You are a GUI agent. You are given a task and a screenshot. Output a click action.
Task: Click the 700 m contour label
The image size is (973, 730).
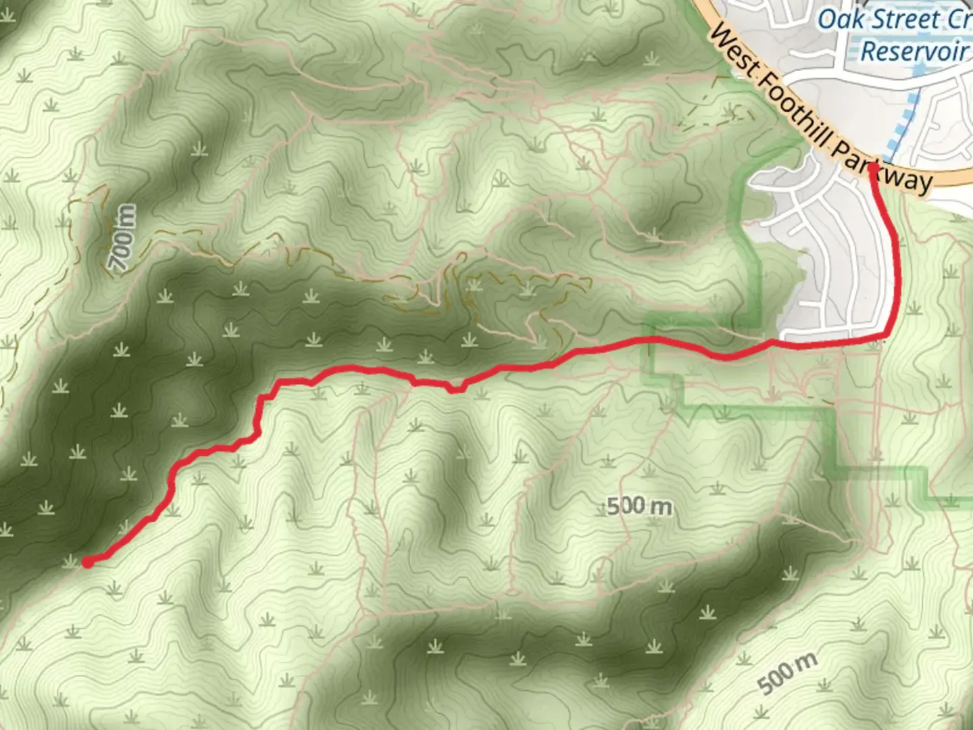(123, 238)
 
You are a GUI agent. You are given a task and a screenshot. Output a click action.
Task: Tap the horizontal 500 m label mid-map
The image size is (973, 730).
(639, 506)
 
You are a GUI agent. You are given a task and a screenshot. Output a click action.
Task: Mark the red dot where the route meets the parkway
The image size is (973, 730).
(872, 166)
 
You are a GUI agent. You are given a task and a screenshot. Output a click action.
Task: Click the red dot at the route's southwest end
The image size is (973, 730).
(88, 562)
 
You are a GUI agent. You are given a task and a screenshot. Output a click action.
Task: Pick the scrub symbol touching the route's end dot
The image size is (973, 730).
(71, 561)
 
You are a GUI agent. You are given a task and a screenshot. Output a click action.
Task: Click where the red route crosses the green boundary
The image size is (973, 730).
(653, 339)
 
